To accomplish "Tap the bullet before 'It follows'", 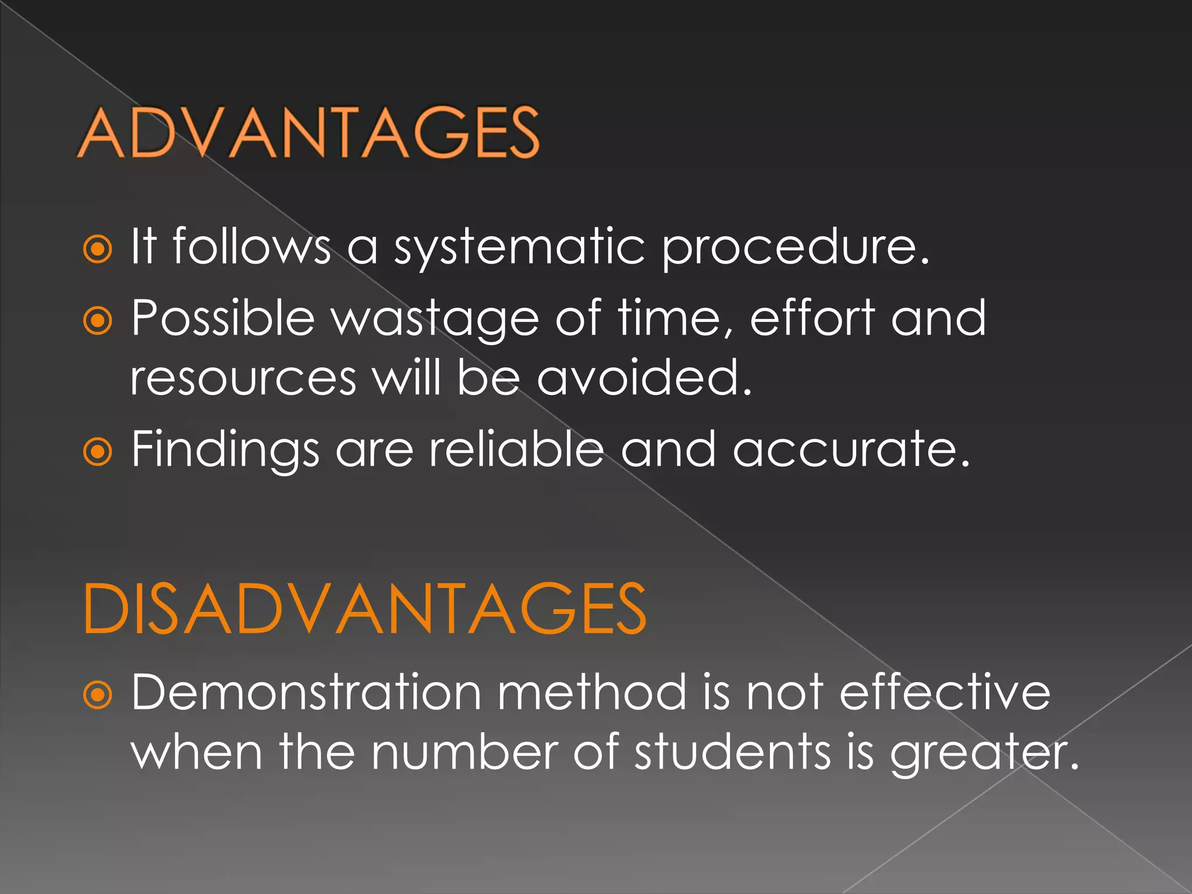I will [x=97, y=250].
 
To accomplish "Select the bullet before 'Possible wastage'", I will [x=97, y=321].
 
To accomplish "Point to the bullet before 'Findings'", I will [x=97, y=452].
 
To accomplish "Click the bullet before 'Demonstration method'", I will [x=97, y=695].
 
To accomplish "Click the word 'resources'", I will [x=243, y=378].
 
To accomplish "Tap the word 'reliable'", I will [x=516, y=449].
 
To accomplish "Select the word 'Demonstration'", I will [x=306, y=692].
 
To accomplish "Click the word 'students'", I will [x=733, y=752].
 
